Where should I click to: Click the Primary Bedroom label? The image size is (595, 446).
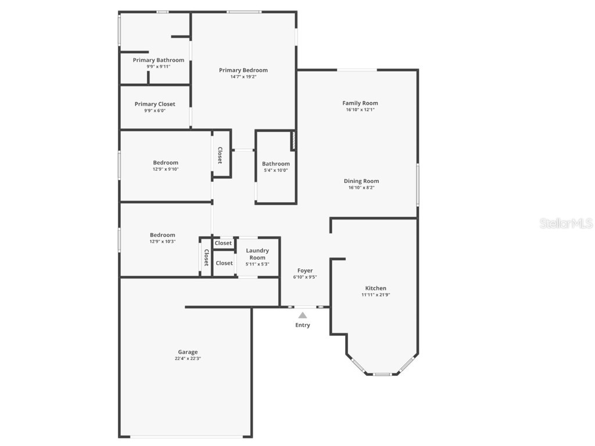tap(243, 70)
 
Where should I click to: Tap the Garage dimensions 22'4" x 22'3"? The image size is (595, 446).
tap(188, 358)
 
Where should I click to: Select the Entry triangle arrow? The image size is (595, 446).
tap(302, 315)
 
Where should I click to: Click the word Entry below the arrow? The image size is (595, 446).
tap(302, 325)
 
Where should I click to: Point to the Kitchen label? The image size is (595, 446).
tap(375, 288)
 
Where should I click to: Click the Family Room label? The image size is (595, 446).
tap(360, 103)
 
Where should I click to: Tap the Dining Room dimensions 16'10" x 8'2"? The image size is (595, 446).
tap(361, 188)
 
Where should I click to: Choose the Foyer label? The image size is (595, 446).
tap(305, 271)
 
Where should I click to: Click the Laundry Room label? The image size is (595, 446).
tap(257, 254)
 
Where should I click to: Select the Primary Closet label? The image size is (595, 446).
tap(155, 104)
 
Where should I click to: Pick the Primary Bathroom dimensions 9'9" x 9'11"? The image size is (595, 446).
tap(159, 67)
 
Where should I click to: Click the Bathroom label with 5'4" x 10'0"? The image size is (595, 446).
tap(275, 164)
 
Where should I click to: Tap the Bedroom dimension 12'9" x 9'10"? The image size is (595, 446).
tap(166, 170)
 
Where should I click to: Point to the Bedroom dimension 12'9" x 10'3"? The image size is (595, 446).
tap(163, 242)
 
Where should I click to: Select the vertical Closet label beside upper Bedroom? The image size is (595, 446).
tap(220, 155)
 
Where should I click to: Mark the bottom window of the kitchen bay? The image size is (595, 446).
tap(382, 374)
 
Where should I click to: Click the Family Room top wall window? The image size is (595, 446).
tap(357, 70)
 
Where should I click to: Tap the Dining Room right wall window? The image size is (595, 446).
tap(417, 184)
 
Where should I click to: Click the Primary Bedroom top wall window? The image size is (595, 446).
tap(243, 12)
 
